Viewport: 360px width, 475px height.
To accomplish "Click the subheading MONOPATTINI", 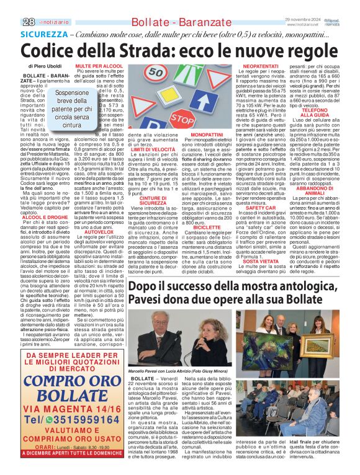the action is click(207, 134).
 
